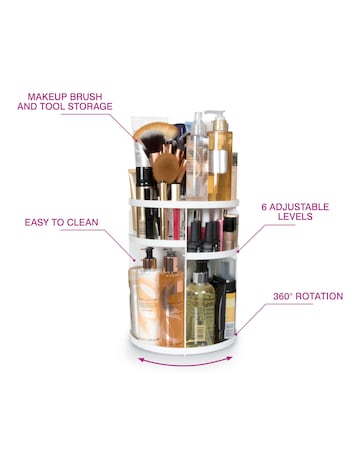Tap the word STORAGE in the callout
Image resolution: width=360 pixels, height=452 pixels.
[88, 106]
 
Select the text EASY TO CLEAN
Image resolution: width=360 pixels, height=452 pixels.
[65, 221]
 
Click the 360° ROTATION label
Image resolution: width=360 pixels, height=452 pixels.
[308, 296]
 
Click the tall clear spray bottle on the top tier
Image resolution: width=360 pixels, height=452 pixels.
[197, 155]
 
